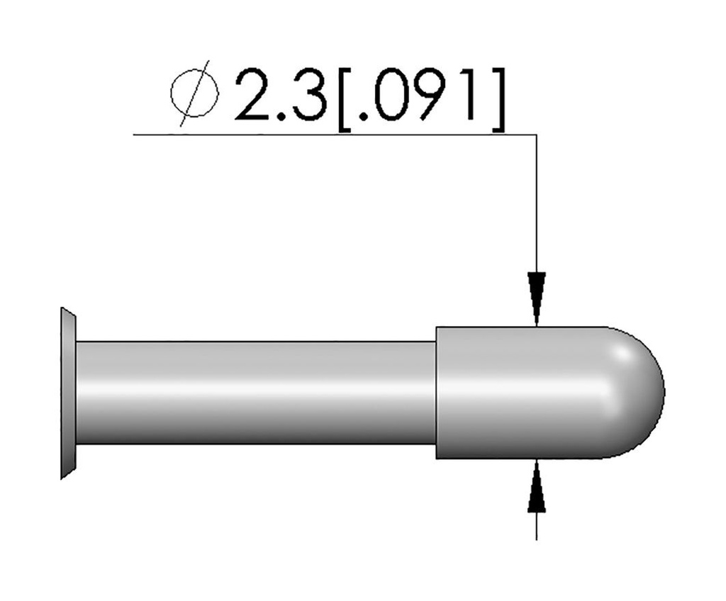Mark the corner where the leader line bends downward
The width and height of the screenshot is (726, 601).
click(x=537, y=133)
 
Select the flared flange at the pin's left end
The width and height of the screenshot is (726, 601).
click(x=68, y=393)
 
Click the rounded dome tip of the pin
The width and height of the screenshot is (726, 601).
click(x=638, y=392)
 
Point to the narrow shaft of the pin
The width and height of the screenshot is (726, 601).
click(x=255, y=392)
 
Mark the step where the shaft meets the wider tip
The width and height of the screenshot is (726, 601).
click(x=436, y=392)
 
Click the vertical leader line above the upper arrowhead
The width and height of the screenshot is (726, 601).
click(x=537, y=206)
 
